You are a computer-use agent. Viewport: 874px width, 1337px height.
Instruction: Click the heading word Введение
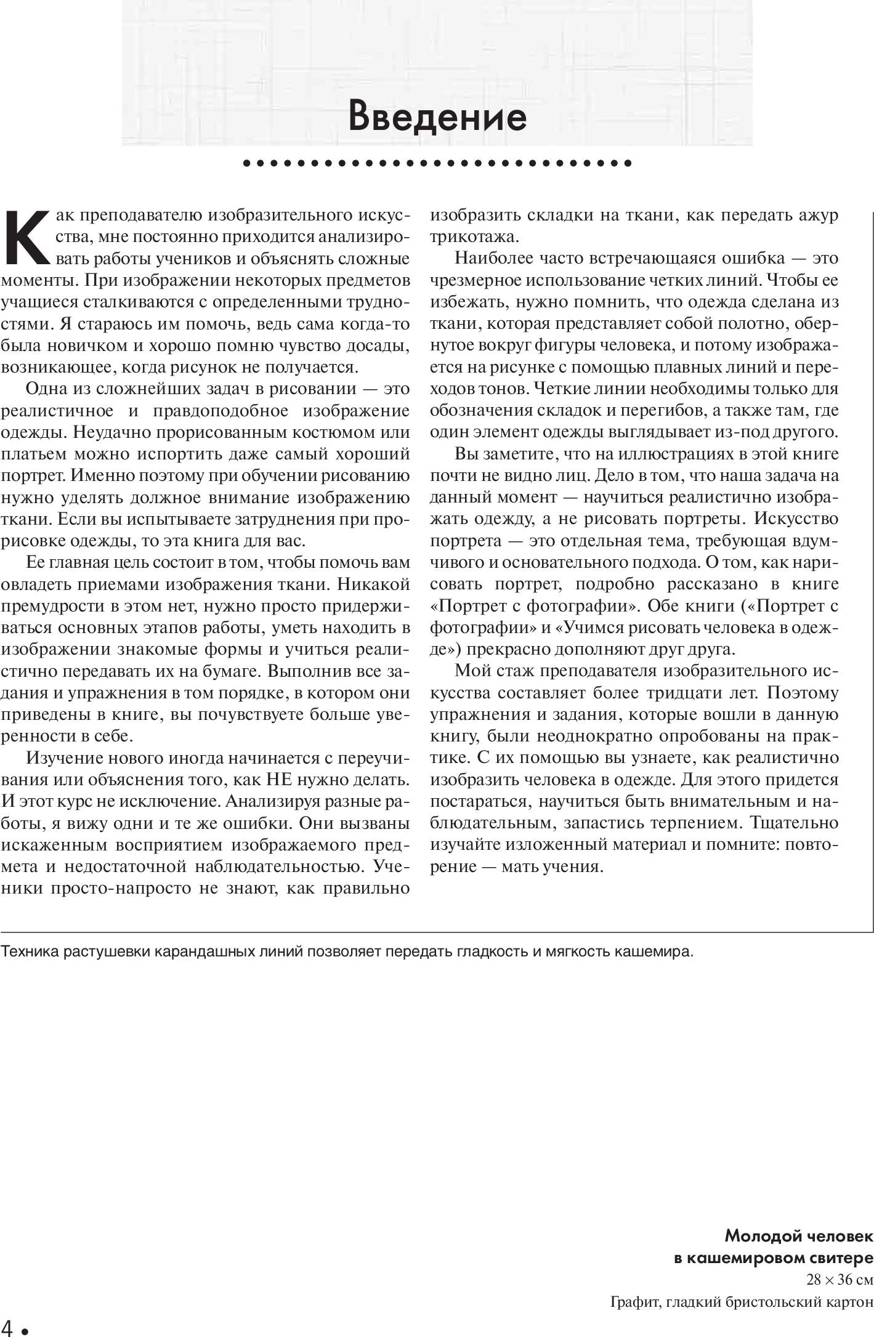click(x=437, y=116)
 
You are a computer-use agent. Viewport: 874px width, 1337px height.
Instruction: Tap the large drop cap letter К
click(x=26, y=237)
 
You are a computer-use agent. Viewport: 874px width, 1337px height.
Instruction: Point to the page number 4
click(x=8, y=1327)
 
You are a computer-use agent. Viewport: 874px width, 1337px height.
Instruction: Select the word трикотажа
click(x=474, y=237)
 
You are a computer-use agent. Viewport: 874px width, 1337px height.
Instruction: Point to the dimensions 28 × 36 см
click(x=840, y=1280)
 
